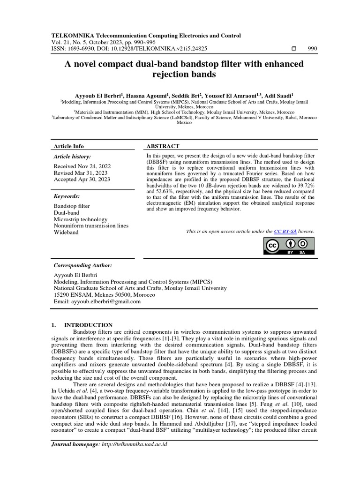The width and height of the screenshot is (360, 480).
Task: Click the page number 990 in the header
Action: [x=312, y=48]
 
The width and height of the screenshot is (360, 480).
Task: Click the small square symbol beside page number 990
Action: [x=294, y=48]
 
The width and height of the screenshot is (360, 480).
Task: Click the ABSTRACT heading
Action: [x=164, y=146]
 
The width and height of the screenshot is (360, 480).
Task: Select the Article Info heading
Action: [x=69, y=146]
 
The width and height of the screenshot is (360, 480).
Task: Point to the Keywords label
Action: [x=67, y=196]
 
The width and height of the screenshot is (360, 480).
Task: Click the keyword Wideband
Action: [x=67, y=232]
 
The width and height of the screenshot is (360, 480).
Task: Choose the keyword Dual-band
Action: [x=67, y=213]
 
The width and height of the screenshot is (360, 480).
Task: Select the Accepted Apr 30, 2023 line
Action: [x=82, y=179]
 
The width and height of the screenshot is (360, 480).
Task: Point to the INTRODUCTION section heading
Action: [x=88, y=325]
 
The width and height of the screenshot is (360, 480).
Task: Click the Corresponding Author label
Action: [x=83, y=265]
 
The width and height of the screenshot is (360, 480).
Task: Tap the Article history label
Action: [x=73, y=157]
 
